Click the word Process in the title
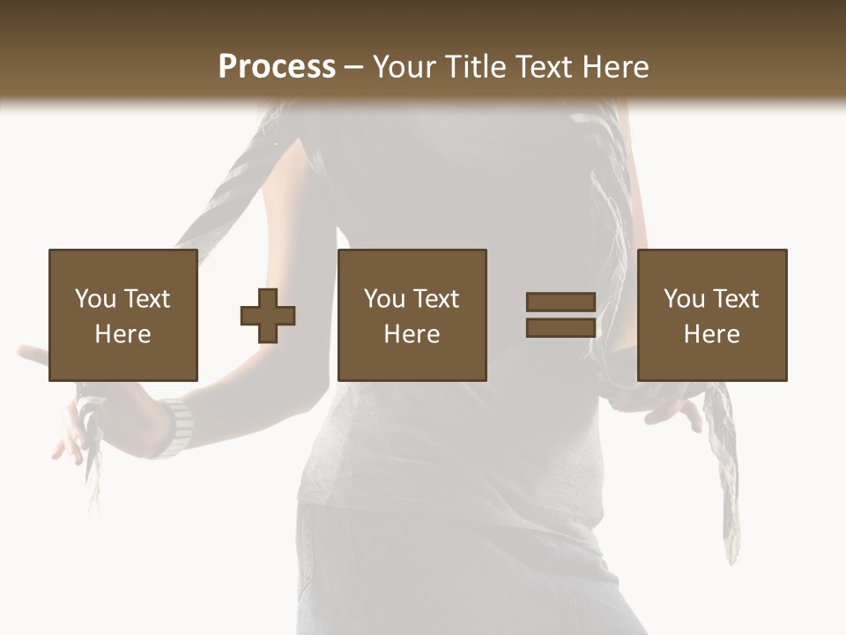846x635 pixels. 277,67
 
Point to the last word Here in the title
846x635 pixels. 617,67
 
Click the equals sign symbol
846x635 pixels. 560,315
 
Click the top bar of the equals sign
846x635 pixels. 560,303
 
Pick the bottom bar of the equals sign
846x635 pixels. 560,327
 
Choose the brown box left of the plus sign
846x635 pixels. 123,315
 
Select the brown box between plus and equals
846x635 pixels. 412,315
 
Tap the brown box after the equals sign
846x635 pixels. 712,315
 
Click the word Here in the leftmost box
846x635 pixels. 123,334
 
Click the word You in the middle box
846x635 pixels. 384,299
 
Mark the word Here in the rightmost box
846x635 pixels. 712,334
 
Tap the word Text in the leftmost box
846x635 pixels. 146,299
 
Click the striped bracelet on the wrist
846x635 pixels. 177,427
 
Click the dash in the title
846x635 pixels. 353,68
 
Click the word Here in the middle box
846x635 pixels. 412,334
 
